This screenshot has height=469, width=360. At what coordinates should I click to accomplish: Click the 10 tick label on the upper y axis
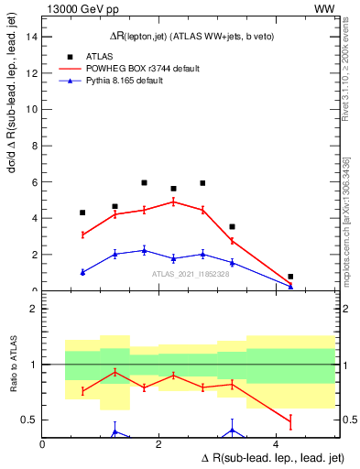tap(31, 109)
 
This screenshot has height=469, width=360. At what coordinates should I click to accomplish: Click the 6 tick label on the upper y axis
tap(34, 182)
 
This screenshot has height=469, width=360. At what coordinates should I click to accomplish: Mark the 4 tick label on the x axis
tap(278, 444)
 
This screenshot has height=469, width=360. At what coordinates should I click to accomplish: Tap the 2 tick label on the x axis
tap(159, 444)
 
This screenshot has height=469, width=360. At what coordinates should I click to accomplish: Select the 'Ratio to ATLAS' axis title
tap(12, 365)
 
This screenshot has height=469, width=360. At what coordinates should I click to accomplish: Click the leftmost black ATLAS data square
tap(82, 213)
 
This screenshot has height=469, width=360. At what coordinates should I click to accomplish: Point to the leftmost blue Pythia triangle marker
tap(82, 272)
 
